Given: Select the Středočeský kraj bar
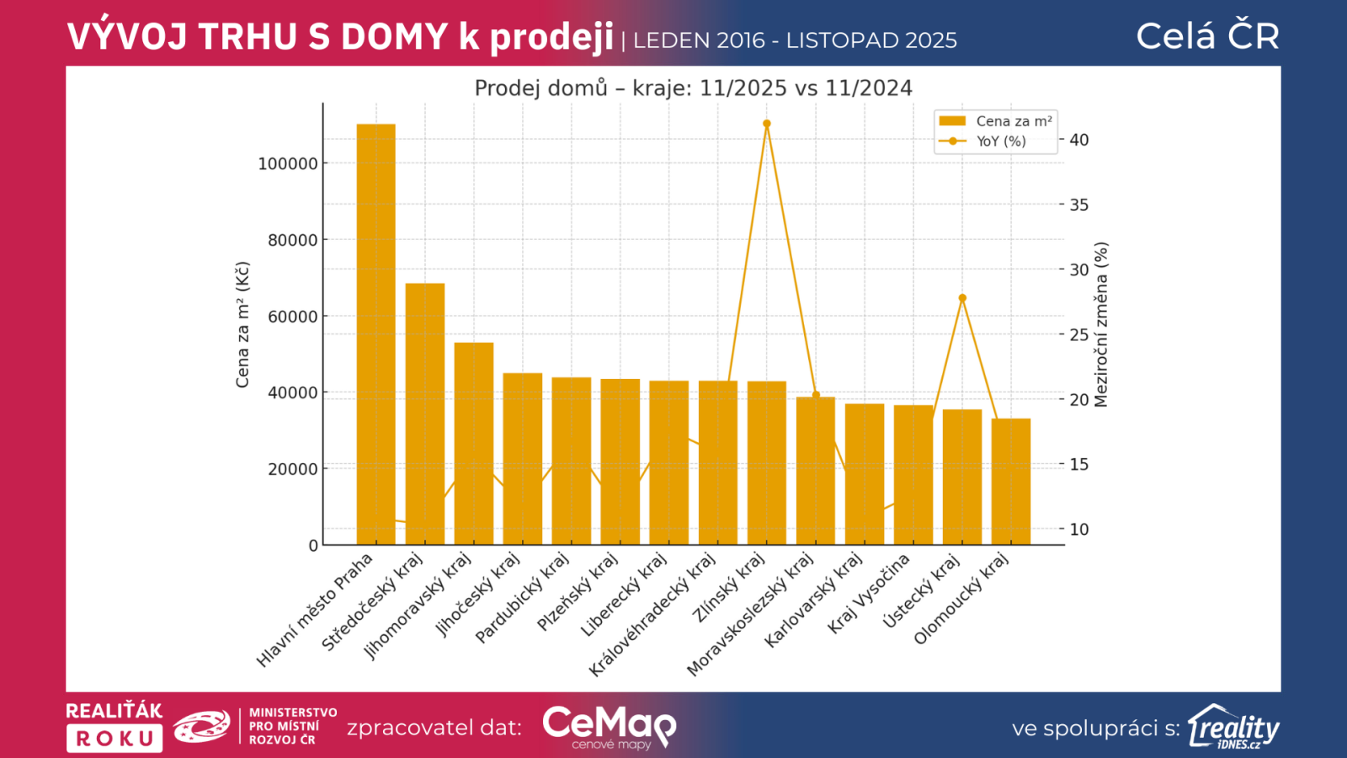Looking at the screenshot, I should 424,414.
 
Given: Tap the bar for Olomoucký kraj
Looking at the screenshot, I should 1010,481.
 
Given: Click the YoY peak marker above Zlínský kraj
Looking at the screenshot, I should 766,124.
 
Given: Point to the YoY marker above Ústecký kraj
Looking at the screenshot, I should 962,298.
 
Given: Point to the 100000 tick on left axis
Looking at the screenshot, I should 287,163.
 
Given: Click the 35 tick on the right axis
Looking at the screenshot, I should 1078,205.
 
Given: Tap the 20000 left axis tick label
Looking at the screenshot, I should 292,469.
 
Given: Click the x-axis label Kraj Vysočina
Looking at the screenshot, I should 869,593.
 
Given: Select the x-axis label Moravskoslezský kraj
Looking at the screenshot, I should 750,614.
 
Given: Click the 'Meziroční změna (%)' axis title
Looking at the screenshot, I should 1101,324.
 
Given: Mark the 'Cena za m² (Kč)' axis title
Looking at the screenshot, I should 242,324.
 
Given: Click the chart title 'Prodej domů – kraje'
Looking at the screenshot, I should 693,88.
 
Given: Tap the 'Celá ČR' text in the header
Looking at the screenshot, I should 1207,36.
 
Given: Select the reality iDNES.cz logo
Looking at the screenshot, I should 1233,727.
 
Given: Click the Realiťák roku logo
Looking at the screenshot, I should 114,726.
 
